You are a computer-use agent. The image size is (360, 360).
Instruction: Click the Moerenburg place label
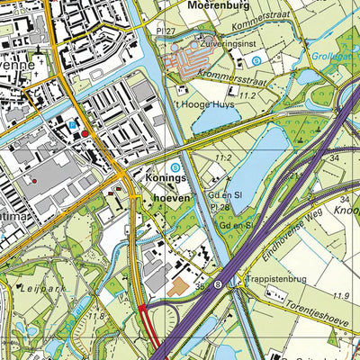[217, 4]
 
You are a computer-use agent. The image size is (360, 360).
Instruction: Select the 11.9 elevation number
[340, 296]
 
